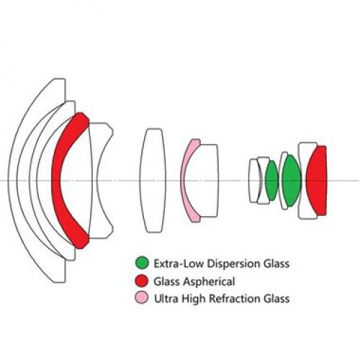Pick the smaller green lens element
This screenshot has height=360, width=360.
click(x=272, y=181)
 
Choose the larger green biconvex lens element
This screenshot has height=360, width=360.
click(x=292, y=181)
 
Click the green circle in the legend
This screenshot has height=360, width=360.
click(x=142, y=263)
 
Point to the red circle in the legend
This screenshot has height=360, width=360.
click(x=142, y=281)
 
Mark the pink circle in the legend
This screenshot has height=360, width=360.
click(x=142, y=297)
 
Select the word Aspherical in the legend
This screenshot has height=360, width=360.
click(x=209, y=282)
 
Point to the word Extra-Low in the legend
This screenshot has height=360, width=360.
click(x=179, y=264)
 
